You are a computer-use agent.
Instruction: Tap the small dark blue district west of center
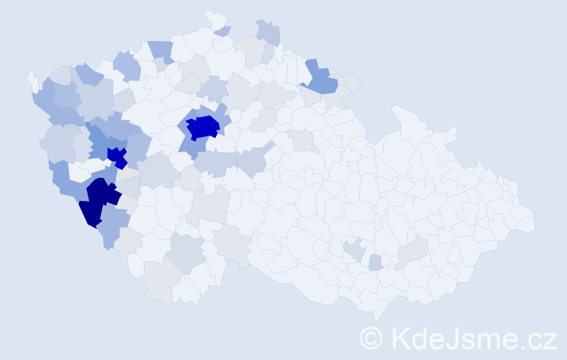[x=117, y=156]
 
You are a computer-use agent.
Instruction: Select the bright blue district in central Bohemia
[x=204, y=127]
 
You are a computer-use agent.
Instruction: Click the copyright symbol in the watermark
[x=372, y=337]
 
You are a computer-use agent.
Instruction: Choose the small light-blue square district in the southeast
[x=376, y=263]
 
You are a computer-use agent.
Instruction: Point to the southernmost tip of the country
[x=376, y=321]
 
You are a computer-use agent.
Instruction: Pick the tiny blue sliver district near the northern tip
[x=222, y=31]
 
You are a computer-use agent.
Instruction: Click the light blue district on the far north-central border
[x=268, y=32]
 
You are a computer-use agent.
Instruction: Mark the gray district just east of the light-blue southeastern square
[x=413, y=252]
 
